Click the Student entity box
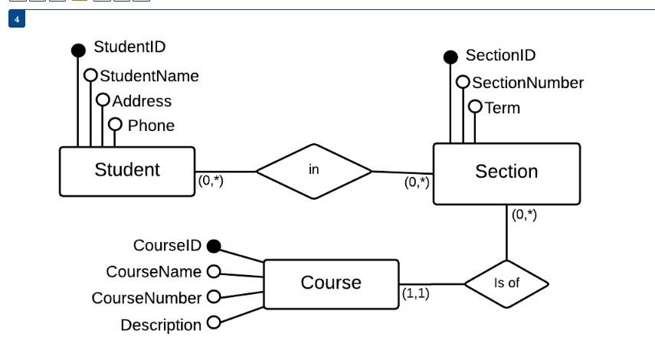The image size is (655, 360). [x=126, y=171]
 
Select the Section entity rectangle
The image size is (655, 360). [x=506, y=173]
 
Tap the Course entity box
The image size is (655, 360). [x=331, y=283]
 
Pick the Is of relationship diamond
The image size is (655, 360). [x=506, y=283]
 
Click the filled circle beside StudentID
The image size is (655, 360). [x=78, y=51]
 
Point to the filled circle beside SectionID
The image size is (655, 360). [x=451, y=57]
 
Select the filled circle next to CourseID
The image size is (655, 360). [x=214, y=246]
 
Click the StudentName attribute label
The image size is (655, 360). [x=149, y=76]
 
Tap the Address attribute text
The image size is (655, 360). [x=142, y=101]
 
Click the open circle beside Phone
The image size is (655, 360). [x=115, y=124]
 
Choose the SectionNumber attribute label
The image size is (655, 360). [x=528, y=83]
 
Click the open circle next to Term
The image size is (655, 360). [x=475, y=107]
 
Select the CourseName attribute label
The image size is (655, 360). [x=153, y=272]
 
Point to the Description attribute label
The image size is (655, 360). [x=161, y=326]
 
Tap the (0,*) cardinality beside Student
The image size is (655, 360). [x=211, y=182]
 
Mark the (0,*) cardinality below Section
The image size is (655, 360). [x=525, y=215]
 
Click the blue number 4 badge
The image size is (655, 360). [x=17, y=18]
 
